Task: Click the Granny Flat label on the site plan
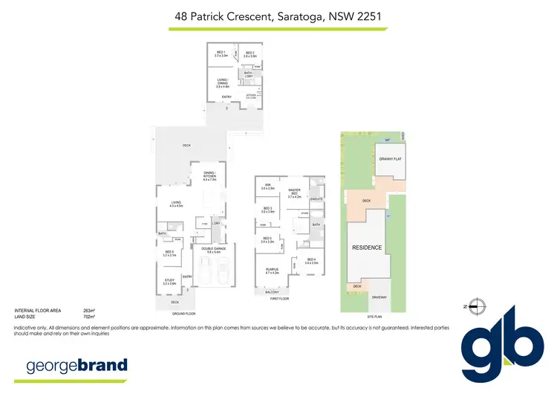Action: (x=390, y=159)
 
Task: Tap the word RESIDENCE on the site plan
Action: (x=367, y=248)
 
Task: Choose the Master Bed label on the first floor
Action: (x=295, y=195)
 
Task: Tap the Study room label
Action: (x=169, y=282)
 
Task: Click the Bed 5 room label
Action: (x=169, y=253)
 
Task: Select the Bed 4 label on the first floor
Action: (x=311, y=261)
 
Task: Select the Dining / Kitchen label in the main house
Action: (x=209, y=177)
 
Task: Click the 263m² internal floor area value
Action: (x=90, y=309)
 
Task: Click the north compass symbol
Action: (x=479, y=306)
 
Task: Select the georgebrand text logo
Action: (x=76, y=365)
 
